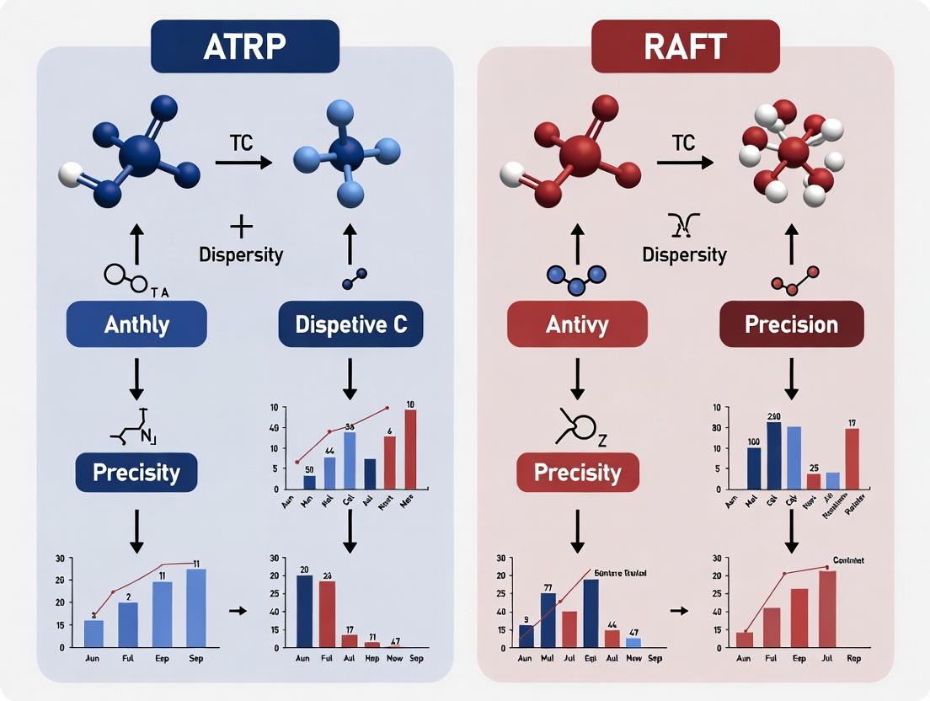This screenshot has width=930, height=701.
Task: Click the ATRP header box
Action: pyautogui.click(x=244, y=46)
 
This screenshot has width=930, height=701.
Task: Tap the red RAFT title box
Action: pyautogui.click(x=685, y=46)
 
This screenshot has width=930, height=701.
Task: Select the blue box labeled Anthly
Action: pyautogui.click(x=136, y=324)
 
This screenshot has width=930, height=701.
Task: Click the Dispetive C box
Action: pyautogui.click(x=351, y=324)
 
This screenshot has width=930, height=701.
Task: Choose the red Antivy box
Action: pyautogui.click(x=577, y=324)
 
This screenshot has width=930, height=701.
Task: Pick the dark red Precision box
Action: pyautogui.click(x=791, y=324)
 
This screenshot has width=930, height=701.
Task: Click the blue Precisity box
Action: pyautogui.click(x=136, y=472)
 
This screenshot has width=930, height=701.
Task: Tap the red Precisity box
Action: pyautogui.click(x=577, y=472)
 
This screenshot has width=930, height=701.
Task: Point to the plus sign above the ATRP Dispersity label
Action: pyautogui.click(x=241, y=227)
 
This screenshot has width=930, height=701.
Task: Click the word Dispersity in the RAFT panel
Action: pyautogui.click(x=684, y=254)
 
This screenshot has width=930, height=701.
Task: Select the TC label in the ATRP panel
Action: pyautogui.click(x=242, y=142)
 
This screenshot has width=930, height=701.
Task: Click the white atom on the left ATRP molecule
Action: pyautogui.click(x=70, y=175)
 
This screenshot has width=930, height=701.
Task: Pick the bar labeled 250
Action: pyautogui.click(x=774, y=455)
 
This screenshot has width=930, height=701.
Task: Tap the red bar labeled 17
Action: pyautogui.click(x=852, y=458)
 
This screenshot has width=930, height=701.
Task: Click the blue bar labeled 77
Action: pyautogui.click(x=548, y=619)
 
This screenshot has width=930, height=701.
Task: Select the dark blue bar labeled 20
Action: pyautogui.click(x=304, y=611)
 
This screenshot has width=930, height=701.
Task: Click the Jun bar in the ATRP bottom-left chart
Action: pyautogui.click(x=94, y=633)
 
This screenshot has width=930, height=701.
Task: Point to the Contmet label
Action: pyautogui.click(x=848, y=560)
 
